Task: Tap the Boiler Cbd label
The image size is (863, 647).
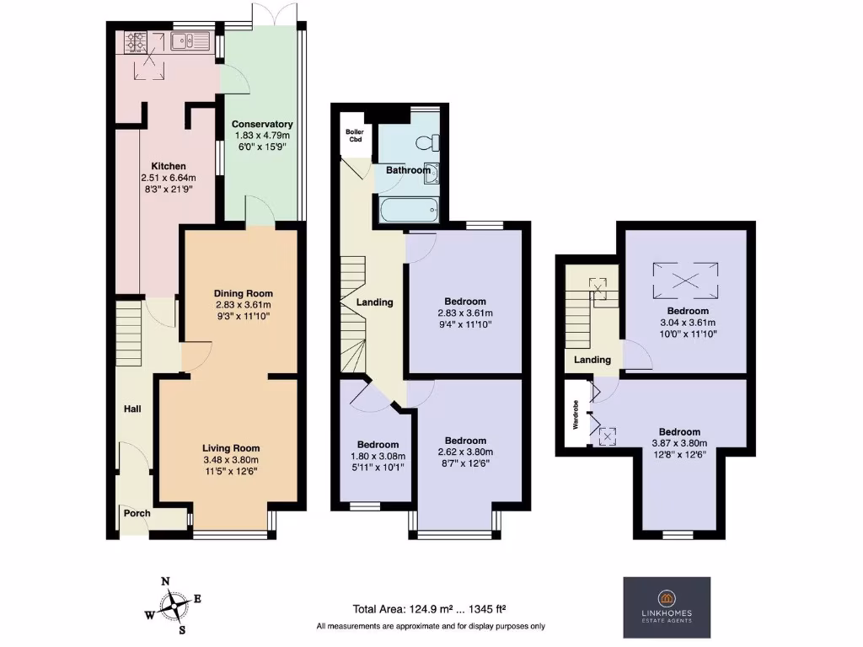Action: click(x=355, y=136)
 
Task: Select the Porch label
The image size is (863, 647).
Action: click(x=137, y=513)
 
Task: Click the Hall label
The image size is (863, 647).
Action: click(x=132, y=409)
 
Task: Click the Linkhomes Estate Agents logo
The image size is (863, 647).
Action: click(x=666, y=607)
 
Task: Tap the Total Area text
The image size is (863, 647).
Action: click(x=429, y=609)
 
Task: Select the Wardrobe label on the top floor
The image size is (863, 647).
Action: click(x=576, y=414)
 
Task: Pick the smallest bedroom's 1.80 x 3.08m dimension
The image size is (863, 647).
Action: click(x=377, y=457)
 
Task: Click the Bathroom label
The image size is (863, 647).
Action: click(x=408, y=170)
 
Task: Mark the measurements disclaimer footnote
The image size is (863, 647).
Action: click(x=431, y=626)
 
